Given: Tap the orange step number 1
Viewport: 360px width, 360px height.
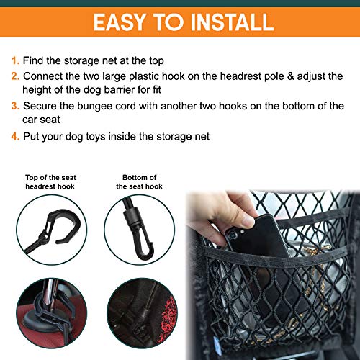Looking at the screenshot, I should tap(16, 62).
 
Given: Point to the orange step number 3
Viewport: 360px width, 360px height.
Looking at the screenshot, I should tap(16, 106).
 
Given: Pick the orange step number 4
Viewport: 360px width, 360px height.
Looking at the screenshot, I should tap(16, 135).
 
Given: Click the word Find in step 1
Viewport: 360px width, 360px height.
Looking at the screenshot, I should tap(35, 62).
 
